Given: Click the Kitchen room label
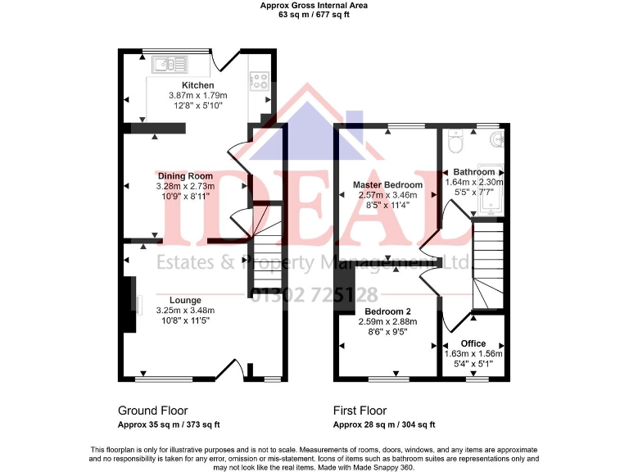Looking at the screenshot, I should pos(197,85).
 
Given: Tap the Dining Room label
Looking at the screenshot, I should pos(185,175).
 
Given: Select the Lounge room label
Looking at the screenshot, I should pos(185,300).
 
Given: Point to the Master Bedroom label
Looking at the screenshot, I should pos(387,185).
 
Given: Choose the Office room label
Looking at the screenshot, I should pos(473,343).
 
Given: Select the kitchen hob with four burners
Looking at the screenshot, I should pos(259,80).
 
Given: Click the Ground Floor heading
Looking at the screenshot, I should pos(152,411).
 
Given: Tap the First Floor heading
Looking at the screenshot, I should pos(360,411).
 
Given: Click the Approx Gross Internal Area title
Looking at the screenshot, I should pos(314,5).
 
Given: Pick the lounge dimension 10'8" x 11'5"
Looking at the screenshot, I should pos(185,321).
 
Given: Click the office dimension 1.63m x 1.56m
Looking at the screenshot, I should pos(473,353).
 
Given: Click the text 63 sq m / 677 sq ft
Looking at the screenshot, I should pos(314,14).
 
